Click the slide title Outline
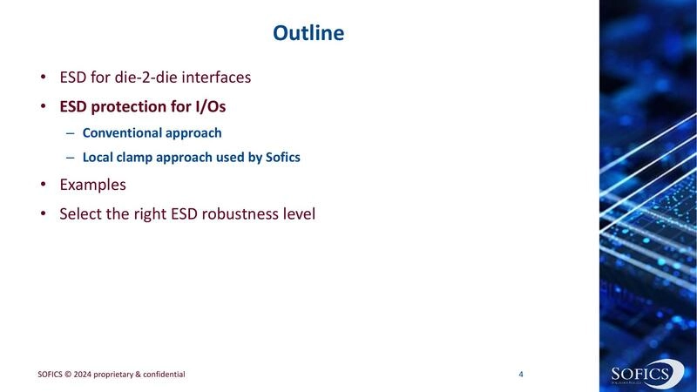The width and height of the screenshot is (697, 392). tap(308, 33)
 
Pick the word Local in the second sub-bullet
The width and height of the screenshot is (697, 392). tap(98, 158)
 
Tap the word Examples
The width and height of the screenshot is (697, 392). tap(92, 185)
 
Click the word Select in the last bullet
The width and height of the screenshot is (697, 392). tap(80, 212)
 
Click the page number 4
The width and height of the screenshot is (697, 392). tap(521, 375)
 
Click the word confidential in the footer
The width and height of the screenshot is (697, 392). tap(161, 375)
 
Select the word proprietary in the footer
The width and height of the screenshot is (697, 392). tap(117, 375)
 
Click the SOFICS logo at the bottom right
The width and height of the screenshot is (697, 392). tap(641, 373)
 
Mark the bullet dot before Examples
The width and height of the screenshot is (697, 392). tap(43, 185)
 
